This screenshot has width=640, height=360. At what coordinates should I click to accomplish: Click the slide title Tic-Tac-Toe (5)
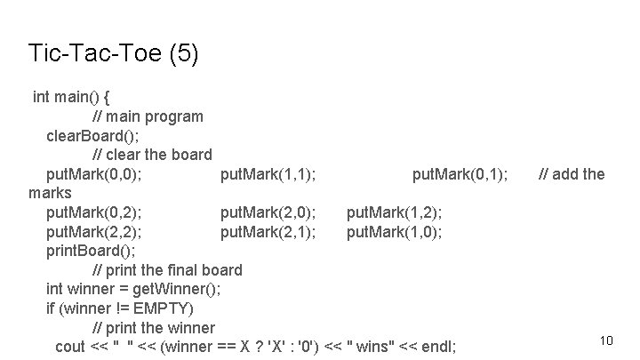click(x=114, y=53)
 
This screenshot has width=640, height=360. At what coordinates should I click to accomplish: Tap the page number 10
click(x=607, y=340)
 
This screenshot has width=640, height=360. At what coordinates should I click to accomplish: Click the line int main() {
click(x=71, y=96)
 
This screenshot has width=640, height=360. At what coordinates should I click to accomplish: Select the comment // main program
click(x=148, y=116)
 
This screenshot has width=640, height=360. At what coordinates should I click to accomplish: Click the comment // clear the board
click(x=152, y=155)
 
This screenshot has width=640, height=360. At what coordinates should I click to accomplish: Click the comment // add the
click(x=572, y=174)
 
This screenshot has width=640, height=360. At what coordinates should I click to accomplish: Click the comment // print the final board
click(x=167, y=269)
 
